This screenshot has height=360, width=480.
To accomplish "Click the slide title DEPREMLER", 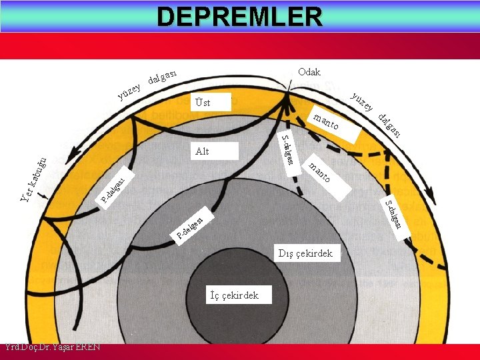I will [239, 16].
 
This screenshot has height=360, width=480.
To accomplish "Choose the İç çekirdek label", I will [234, 295].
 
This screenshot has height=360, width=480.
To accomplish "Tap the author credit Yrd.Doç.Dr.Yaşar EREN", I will [52, 347].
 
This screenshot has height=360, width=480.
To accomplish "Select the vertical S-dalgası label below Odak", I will [288, 151].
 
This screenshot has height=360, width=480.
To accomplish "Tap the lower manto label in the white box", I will [320, 172].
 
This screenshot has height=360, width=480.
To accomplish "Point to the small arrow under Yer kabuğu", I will [44, 196].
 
